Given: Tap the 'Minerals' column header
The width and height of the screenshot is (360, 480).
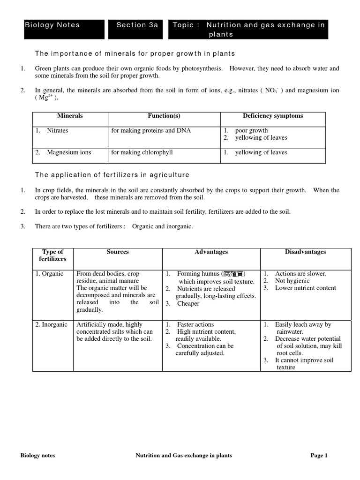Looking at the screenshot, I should (70, 116).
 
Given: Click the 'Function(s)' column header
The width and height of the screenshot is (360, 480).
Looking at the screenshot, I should (164, 116).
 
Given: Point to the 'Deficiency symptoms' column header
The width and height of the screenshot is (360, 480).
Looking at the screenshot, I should (273, 116).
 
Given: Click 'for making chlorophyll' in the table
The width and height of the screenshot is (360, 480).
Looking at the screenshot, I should (140, 152).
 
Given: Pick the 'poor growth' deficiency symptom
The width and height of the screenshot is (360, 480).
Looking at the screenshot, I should (251, 131).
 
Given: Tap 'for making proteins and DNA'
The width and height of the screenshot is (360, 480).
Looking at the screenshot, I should (151, 131).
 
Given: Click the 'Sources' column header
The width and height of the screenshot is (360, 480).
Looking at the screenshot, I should (118, 252).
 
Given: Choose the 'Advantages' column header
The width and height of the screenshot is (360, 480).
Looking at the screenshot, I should (211, 252).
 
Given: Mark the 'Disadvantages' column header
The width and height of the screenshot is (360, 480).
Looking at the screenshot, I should (305, 252).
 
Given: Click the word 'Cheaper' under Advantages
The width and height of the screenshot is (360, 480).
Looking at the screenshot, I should (188, 303).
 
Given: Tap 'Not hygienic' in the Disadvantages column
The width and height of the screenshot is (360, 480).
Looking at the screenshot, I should (292, 281).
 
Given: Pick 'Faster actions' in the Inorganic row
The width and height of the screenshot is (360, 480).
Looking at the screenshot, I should (195, 324).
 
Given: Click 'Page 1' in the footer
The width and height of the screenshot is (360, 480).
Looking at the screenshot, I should (319, 455).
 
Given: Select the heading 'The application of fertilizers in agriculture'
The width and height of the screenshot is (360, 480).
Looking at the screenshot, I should (112, 175).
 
